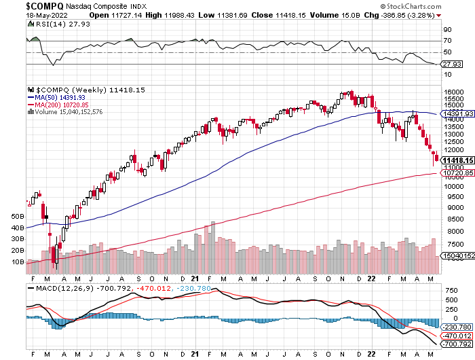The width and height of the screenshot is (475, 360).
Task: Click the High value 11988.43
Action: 175,14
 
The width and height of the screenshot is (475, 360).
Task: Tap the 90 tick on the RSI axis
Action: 448,30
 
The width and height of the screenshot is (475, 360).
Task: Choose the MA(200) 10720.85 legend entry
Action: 60,105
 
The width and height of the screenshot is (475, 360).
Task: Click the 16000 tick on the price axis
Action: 454,93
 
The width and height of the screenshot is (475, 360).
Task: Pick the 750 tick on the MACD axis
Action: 450,291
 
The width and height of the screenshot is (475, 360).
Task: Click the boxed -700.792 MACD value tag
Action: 457,345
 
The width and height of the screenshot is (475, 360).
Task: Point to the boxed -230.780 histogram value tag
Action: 457,326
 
